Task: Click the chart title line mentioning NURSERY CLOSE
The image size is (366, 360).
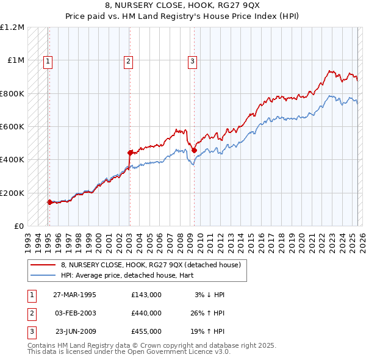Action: click(x=183, y=5)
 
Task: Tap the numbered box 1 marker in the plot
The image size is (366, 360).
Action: click(x=48, y=60)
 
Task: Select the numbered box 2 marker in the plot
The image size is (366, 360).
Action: click(x=129, y=60)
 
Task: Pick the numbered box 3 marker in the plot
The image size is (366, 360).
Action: click(x=192, y=60)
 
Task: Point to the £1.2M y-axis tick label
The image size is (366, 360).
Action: click(x=12, y=27)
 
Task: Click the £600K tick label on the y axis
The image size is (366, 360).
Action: click(x=12, y=127)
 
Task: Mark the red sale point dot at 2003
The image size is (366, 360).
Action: click(x=130, y=153)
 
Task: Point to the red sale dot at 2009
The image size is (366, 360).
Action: click(x=194, y=150)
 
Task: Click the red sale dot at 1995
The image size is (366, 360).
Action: click(x=49, y=202)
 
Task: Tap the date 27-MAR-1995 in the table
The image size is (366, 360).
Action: click(x=75, y=295)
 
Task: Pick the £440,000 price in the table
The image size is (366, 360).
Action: click(x=146, y=313)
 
